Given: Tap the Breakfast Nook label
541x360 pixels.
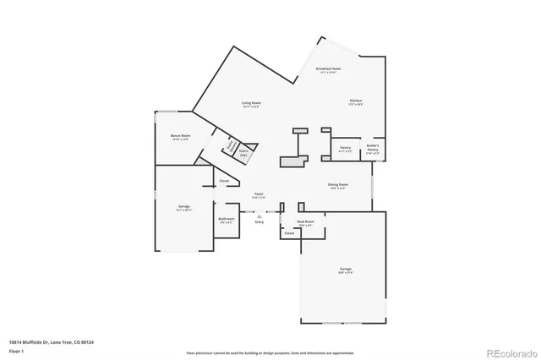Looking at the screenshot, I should coord(328,70).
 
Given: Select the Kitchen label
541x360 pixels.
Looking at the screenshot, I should coord(356,102).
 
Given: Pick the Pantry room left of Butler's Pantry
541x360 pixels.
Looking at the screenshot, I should coord(345,150).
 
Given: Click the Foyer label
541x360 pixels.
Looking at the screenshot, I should coord(260,195).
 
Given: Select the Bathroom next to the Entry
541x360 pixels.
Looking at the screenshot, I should coord(227,221).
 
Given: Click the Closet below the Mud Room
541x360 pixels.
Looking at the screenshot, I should coord(289,233).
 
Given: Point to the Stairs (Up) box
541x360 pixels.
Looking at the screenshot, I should coord(243,153).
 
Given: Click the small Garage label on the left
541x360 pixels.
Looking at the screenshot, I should coord(183,207).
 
